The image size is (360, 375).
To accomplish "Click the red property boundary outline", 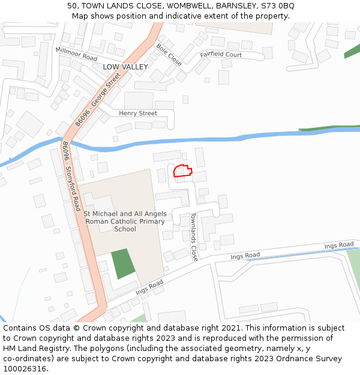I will (182, 171).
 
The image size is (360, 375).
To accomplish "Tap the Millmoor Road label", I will (76, 54).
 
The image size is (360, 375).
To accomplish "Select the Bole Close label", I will (169, 55).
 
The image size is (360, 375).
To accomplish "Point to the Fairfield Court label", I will (221, 55).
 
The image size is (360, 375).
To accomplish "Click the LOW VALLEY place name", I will (125, 67).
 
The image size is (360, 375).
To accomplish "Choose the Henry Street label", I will (137, 113).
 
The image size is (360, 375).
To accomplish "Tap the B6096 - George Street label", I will (98, 100).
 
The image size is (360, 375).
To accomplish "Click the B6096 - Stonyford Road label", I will (70, 176).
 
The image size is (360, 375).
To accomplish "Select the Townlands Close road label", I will (194, 236).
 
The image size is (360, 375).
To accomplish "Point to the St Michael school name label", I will (125, 221).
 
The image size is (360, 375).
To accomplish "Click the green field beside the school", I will (123, 263).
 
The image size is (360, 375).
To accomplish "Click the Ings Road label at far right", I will (339, 245).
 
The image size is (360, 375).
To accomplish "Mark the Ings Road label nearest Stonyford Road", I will (149, 287).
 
